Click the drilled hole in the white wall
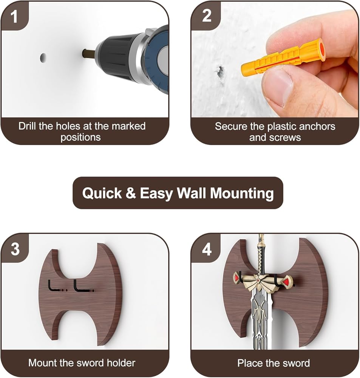pyautogui.click(x=43, y=58)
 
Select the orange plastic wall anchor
pyautogui.click(x=283, y=57)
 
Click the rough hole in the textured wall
pyautogui.click(x=220, y=73)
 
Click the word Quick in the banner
pyautogui.click(x=102, y=193)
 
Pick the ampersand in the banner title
pyautogui.click(x=131, y=193)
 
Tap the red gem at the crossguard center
pyautogui.click(x=258, y=280)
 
